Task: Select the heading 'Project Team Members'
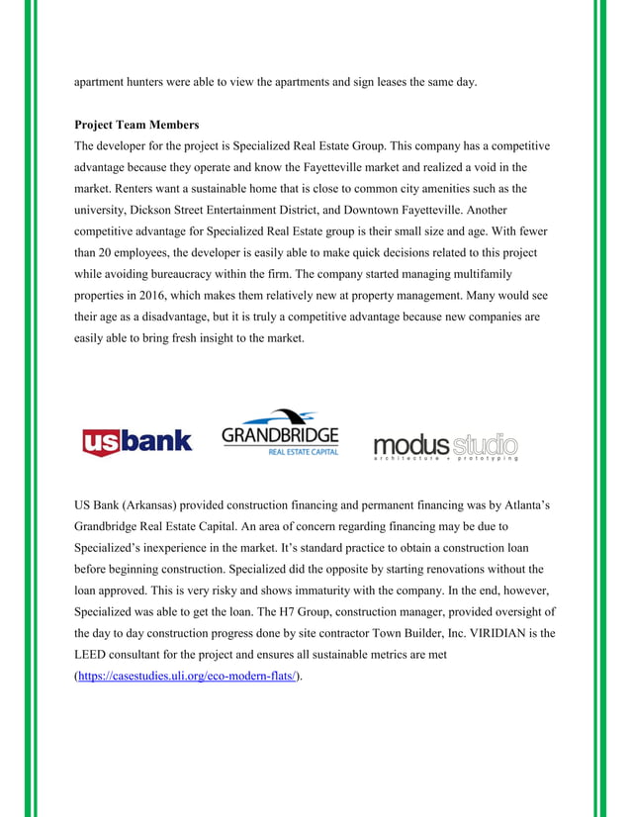tap(136, 126)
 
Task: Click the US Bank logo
tap(136, 441)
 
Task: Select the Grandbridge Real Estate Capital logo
tap(280, 433)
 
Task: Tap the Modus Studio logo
tap(445, 445)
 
